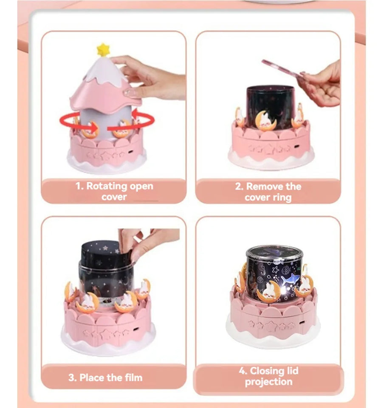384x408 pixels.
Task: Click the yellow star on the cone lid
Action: (103, 50)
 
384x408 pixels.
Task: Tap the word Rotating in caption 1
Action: (107, 186)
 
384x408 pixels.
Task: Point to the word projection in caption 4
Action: (268, 382)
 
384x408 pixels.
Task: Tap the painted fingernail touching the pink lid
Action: (127, 92)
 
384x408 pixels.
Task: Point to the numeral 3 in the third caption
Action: (71, 377)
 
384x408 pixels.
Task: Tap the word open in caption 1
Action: (141, 187)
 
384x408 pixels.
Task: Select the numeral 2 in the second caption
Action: (238, 186)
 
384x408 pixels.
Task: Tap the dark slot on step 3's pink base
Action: (136, 329)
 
